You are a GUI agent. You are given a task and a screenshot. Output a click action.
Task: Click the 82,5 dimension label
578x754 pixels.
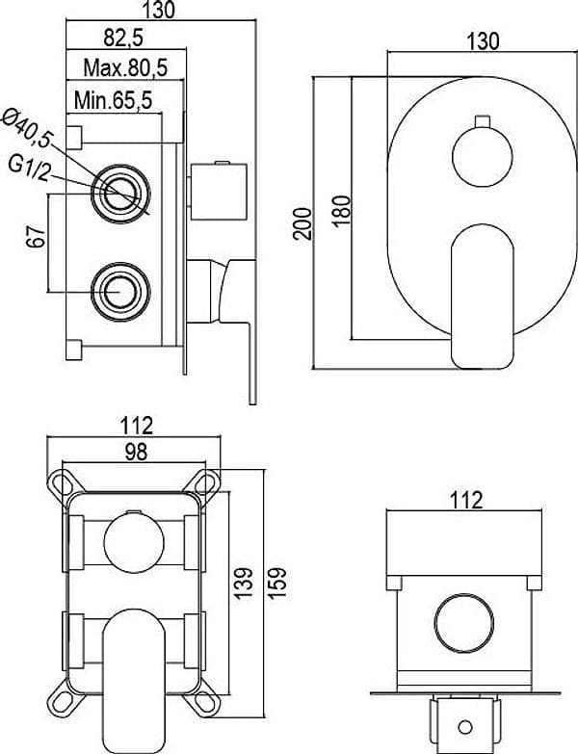(x=123, y=38)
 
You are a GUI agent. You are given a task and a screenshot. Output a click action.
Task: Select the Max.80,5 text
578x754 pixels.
(x=125, y=67)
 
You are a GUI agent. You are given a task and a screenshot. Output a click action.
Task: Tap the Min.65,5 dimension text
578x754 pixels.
(x=114, y=100)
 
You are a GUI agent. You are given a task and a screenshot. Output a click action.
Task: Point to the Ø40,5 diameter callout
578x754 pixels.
(x=26, y=127)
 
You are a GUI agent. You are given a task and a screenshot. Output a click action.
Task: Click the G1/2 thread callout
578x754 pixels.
(x=29, y=169)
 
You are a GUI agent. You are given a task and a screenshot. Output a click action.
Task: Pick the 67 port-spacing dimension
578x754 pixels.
(x=37, y=236)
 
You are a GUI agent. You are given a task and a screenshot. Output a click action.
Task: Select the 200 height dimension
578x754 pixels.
(x=302, y=223)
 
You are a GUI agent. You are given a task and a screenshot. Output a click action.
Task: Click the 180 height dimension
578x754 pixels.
(x=341, y=211)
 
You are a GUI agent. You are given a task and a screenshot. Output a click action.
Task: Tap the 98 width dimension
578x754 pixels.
(x=136, y=452)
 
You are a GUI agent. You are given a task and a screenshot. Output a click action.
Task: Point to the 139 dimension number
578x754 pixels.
(x=244, y=584)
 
